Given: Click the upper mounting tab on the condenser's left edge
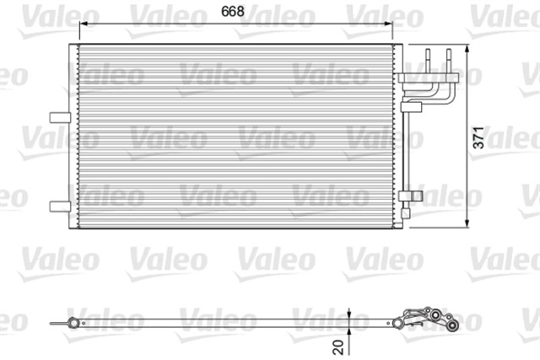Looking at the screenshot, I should tap(60, 116).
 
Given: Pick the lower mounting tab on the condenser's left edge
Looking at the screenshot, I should tap(60, 205).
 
